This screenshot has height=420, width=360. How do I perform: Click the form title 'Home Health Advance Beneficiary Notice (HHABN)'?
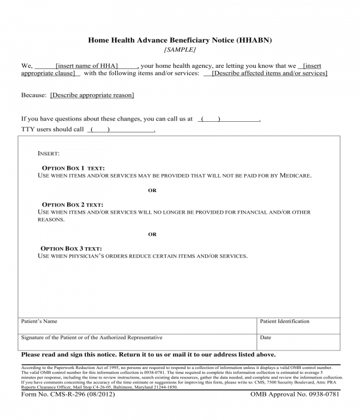[180, 40]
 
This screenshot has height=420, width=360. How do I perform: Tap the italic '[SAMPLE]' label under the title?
[180, 50]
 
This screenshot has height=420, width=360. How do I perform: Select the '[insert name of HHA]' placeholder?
[87, 65]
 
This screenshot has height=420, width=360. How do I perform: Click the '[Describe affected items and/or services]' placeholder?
[269, 73]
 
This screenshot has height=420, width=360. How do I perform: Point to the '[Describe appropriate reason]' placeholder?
[92, 95]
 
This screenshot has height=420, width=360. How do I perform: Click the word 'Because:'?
[34, 95]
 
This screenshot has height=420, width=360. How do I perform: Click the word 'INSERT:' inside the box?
[49, 154]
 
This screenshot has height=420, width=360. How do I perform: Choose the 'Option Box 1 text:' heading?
[73, 168]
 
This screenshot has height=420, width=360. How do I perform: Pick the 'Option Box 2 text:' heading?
[73, 205]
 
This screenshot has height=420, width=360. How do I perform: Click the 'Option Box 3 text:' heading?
[71, 248]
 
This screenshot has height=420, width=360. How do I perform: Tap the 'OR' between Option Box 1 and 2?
[152, 190]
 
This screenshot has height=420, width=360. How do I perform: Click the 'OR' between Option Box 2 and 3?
[152, 234]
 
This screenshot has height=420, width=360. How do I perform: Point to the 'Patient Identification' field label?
[284, 322]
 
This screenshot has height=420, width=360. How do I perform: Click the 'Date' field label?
[266, 338]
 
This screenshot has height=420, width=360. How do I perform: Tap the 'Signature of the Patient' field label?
[91, 338]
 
